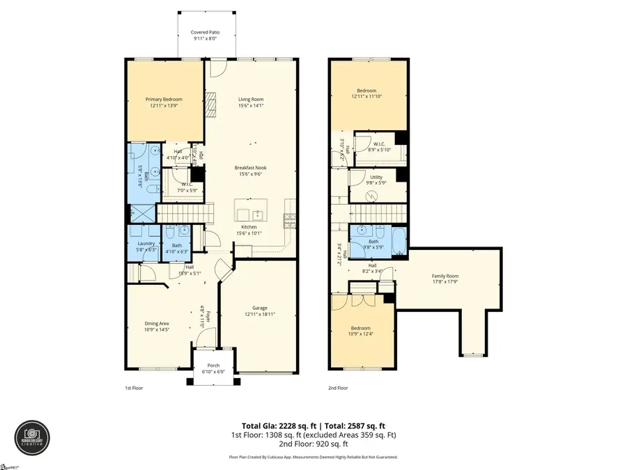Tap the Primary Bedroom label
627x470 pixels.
164,102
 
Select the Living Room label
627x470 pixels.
250,102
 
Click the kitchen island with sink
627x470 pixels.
251,210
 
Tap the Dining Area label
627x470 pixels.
157,327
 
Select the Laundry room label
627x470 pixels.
146,246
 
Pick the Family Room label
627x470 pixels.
445,279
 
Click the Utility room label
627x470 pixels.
376,180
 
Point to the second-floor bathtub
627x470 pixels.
400,241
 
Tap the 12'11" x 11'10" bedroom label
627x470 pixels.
367,93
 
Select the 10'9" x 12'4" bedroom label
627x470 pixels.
360,331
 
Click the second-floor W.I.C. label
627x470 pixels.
380,147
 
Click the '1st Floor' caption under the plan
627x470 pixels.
134,388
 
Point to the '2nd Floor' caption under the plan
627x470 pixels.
338,388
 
